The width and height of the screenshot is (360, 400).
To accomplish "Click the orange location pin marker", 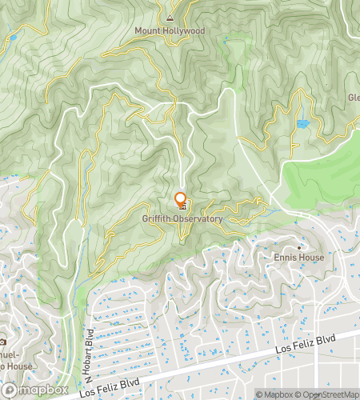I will [180, 199].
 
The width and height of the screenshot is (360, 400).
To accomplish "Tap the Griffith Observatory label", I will [182, 218].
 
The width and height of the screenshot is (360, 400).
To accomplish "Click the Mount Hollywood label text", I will [170, 31].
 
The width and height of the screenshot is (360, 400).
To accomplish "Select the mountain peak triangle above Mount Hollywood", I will [170, 17].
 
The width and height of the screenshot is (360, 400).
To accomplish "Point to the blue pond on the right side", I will [302, 124].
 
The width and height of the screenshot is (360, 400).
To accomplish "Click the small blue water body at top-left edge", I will [12, 37].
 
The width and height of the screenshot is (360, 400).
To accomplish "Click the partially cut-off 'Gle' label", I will [353, 98].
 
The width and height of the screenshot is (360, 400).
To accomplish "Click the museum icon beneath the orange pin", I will [181, 209].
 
